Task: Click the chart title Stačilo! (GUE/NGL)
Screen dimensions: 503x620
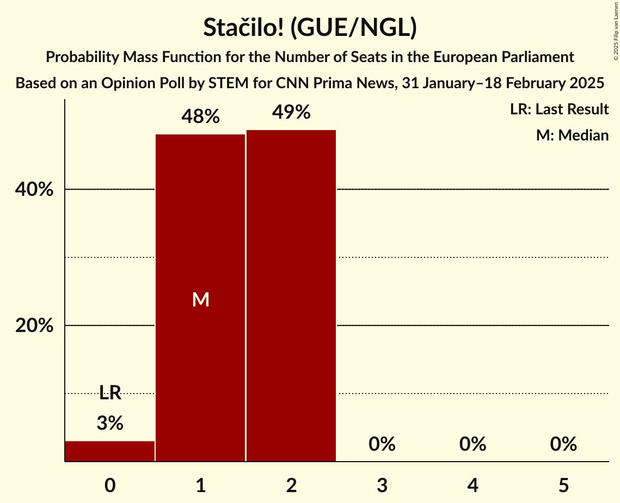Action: click(x=310, y=28)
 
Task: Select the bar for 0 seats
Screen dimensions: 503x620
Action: click(x=110, y=451)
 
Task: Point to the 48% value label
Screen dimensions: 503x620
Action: click(x=200, y=116)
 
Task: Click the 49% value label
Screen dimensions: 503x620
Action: click(x=291, y=112)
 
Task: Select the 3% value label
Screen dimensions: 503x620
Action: click(x=110, y=423)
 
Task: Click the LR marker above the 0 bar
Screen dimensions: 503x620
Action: click(x=110, y=392)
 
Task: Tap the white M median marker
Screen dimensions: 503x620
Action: click(x=200, y=299)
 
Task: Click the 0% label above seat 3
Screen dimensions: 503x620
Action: click(x=382, y=444)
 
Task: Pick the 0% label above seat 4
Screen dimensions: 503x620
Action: click(x=472, y=444)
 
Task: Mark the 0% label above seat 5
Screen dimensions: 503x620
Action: click(x=563, y=444)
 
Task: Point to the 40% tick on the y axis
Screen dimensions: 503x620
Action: click(x=34, y=189)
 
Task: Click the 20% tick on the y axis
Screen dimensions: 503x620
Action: click(x=34, y=326)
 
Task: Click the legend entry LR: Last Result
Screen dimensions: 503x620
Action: click(x=559, y=109)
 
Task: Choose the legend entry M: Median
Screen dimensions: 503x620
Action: click(x=572, y=135)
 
